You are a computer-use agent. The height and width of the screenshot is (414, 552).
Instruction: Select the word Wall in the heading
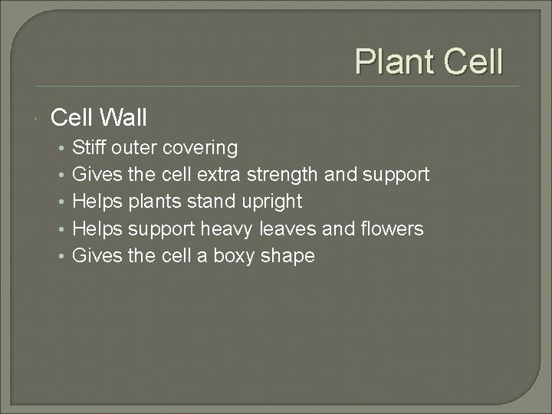(121, 117)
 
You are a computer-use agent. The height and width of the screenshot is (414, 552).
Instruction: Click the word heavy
(227, 229)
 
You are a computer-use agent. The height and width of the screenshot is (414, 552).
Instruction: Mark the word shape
(288, 257)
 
